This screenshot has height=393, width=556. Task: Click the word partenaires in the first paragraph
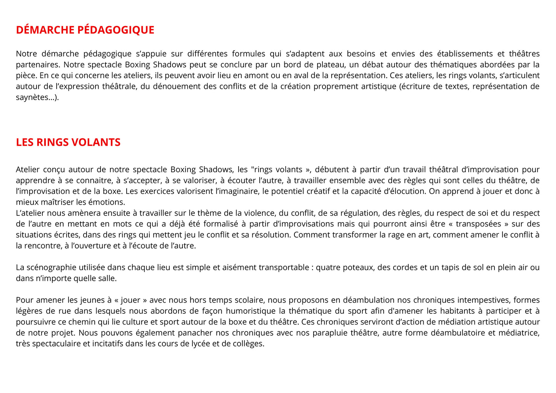click(37, 65)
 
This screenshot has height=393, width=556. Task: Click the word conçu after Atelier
click(53, 170)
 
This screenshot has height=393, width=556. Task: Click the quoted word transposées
click(478, 224)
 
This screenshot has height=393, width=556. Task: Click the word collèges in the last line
click(248, 343)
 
